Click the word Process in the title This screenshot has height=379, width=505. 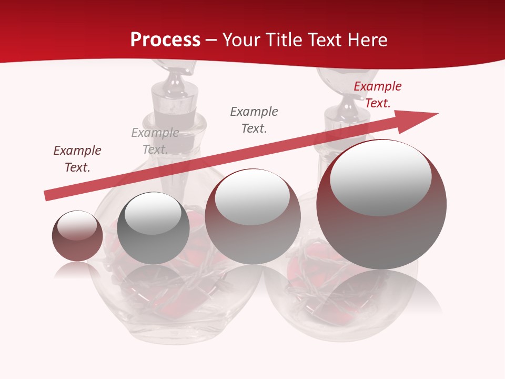(165, 40)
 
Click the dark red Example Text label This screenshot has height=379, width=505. (77, 159)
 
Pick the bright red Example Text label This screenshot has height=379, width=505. (378, 95)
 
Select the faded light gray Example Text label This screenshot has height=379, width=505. (155, 141)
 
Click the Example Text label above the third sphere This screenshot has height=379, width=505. (254, 119)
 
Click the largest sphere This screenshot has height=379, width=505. (381, 232)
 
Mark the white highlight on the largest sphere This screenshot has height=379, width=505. (380, 176)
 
